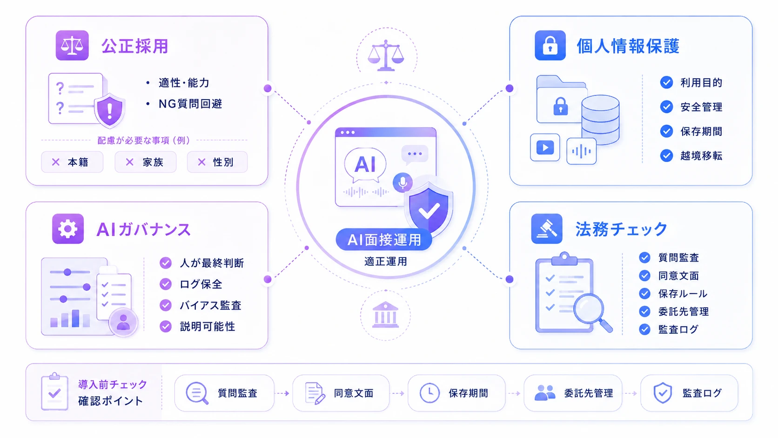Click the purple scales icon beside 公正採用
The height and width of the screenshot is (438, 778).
[72, 46]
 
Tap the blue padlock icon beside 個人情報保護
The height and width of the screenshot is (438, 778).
[550, 46]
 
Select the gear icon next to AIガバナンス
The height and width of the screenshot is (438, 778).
[68, 229]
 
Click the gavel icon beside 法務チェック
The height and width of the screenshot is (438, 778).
[547, 229]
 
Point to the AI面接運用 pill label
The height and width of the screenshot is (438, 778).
[384, 240]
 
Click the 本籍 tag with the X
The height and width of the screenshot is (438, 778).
[72, 162]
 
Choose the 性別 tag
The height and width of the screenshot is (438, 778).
[217, 162]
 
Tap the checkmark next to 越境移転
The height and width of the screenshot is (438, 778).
[666, 155]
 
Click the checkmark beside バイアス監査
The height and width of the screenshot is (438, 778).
[165, 305]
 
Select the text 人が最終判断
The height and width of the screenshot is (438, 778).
[212, 263]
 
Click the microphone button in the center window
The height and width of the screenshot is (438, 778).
[402, 182]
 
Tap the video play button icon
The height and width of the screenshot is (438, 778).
[545, 148]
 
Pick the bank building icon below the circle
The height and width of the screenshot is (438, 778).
[385, 315]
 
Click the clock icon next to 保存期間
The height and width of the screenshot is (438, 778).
[429, 393]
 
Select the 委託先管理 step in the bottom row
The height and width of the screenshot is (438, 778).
[573, 393]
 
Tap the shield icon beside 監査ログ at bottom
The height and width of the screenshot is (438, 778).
[663, 393]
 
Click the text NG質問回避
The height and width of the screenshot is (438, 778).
[190, 103]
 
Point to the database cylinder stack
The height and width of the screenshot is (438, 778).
[600, 120]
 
